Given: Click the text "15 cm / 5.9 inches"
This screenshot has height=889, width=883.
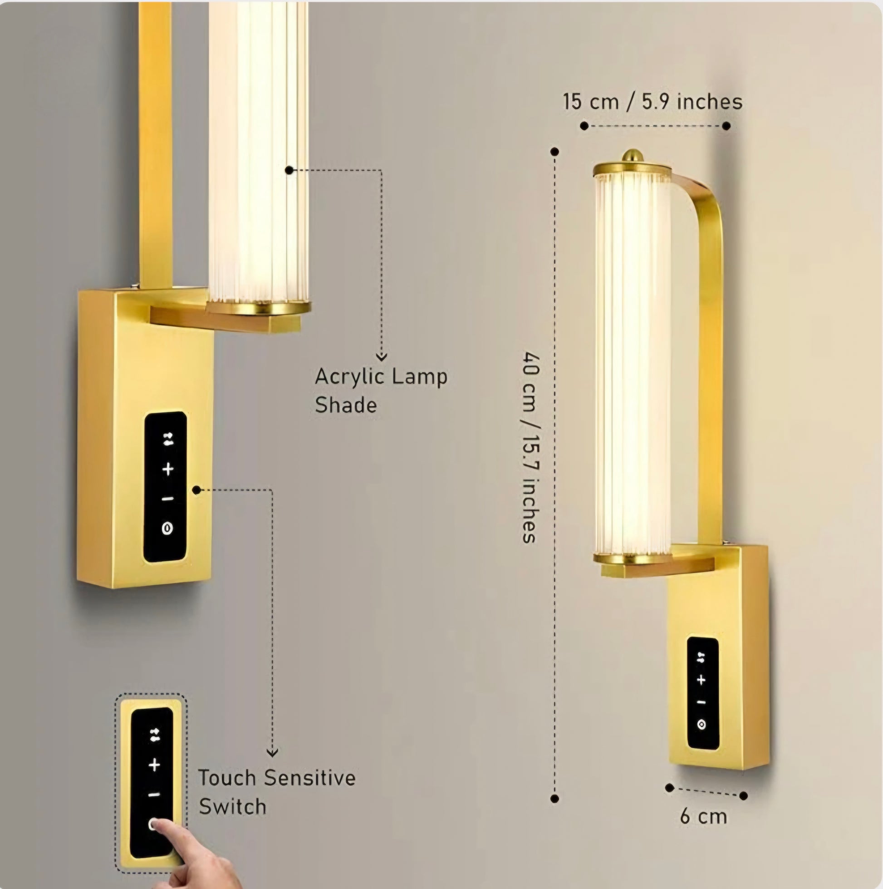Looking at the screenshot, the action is [x=652, y=101].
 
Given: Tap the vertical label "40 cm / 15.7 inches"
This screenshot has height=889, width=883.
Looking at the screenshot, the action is [x=531, y=447].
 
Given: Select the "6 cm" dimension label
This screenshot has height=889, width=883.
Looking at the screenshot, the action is [x=704, y=817].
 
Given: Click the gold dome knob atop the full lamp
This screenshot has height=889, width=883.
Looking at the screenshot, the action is [x=633, y=155].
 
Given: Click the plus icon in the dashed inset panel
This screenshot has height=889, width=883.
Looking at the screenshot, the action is [x=155, y=765].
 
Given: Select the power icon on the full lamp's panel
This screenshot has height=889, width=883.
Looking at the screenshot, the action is [x=701, y=725].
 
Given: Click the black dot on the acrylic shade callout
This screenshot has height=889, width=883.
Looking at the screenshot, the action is [x=289, y=170].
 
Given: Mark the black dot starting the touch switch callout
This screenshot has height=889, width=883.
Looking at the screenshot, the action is [x=196, y=490].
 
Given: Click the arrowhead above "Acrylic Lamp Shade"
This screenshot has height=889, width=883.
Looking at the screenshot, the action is [x=381, y=356].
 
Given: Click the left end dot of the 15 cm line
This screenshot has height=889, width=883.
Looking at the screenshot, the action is [x=584, y=126].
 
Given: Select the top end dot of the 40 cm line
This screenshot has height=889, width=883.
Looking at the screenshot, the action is [x=554, y=151].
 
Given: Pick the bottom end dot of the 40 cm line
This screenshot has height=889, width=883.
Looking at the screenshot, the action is [x=554, y=799].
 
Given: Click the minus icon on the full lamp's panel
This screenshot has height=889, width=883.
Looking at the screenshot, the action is [x=701, y=702].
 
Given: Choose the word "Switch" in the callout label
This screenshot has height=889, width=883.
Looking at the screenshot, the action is [x=233, y=807].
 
